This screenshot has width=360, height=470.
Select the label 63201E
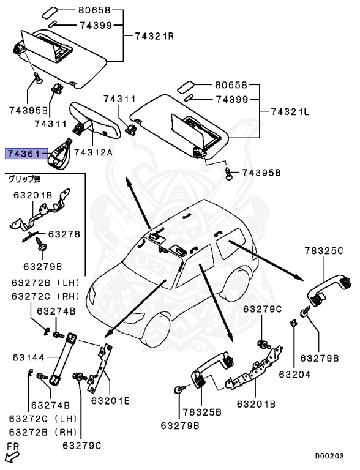click(x=110, y=401)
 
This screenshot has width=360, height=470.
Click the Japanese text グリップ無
click(x=24, y=179)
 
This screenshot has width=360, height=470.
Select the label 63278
click(x=64, y=234)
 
